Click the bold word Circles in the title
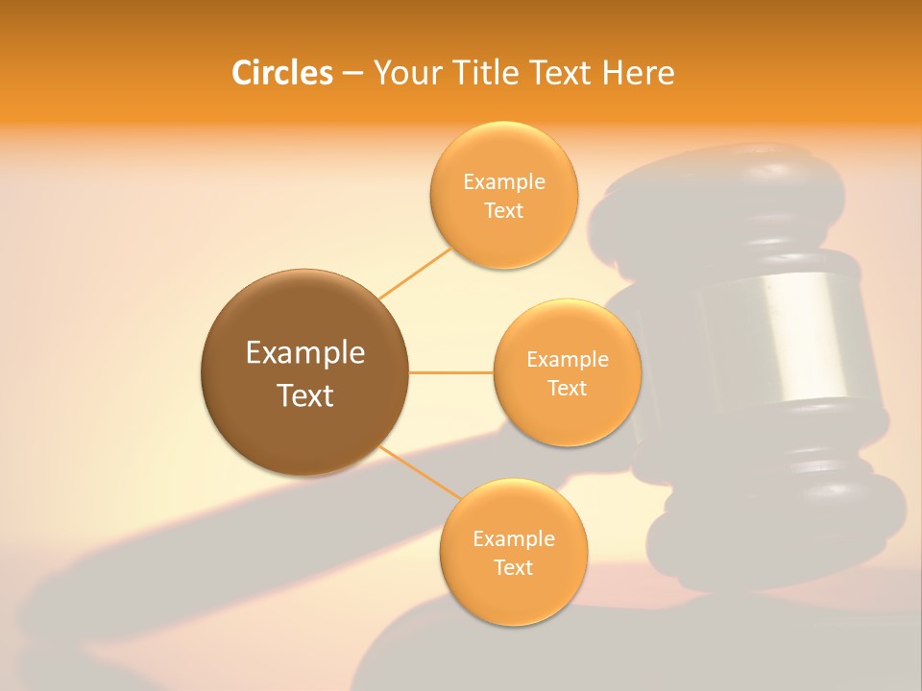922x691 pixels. point(281,73)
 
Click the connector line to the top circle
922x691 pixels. point(415,273)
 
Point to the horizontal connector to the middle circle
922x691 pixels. point(450,372)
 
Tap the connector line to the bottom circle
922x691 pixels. point(421,473)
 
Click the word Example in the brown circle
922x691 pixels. point(305,353)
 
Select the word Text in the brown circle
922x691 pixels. point(305,395)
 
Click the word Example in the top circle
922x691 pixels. point(504,182)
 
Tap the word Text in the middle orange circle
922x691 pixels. point(567,389)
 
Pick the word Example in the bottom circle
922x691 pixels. point(514,539)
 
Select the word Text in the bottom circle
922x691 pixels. point(513,568)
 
